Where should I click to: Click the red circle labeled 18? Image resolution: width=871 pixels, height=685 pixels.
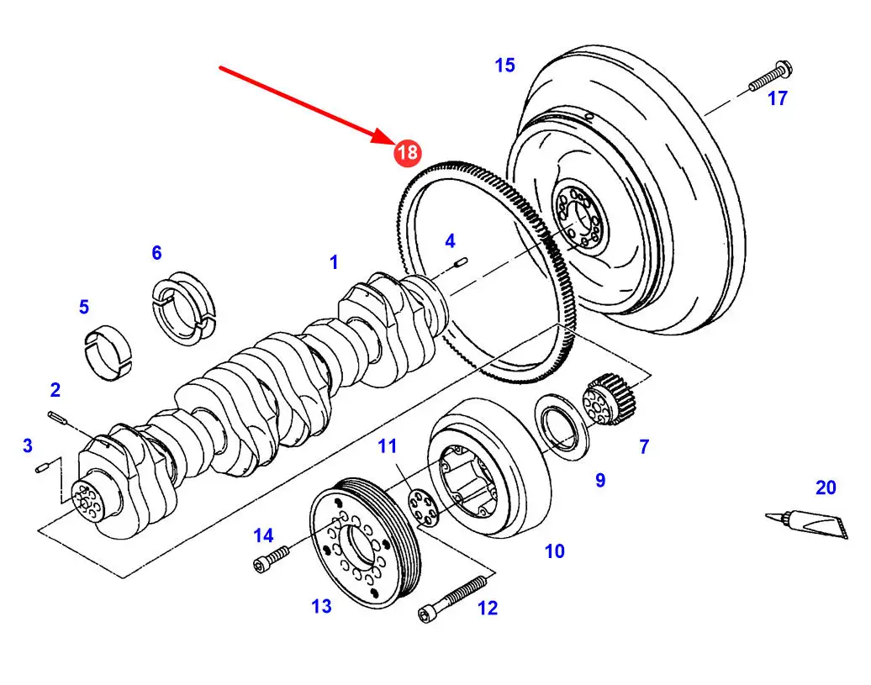pos(408,152)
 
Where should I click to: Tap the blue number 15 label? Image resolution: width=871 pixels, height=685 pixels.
pos(505,66)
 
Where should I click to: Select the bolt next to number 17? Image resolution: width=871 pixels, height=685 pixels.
pos(770,76)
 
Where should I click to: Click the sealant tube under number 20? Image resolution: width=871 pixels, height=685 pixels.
pos(806,523)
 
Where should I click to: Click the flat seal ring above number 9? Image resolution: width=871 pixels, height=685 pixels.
pos(562,427)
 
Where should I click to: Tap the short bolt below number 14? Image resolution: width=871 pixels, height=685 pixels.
pos(271,558)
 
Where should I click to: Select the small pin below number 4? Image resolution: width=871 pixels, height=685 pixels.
pos(461,262)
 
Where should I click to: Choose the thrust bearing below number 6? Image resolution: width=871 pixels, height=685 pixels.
pos(183,308)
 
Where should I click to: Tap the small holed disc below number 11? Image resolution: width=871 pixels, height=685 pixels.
pos(423,506)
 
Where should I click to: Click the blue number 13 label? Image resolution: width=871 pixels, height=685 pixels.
pos(322,606)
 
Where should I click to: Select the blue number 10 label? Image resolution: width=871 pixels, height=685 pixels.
pos(554,551)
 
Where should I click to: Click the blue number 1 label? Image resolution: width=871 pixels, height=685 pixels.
pos(334,262)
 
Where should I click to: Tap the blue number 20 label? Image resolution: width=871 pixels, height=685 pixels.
pos(826,487)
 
